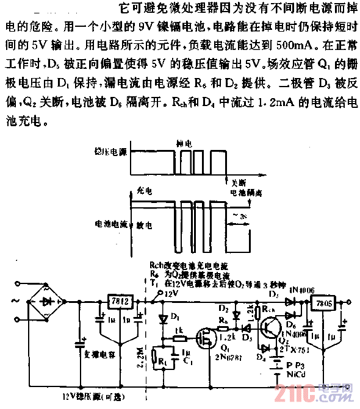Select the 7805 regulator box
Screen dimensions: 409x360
323,302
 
